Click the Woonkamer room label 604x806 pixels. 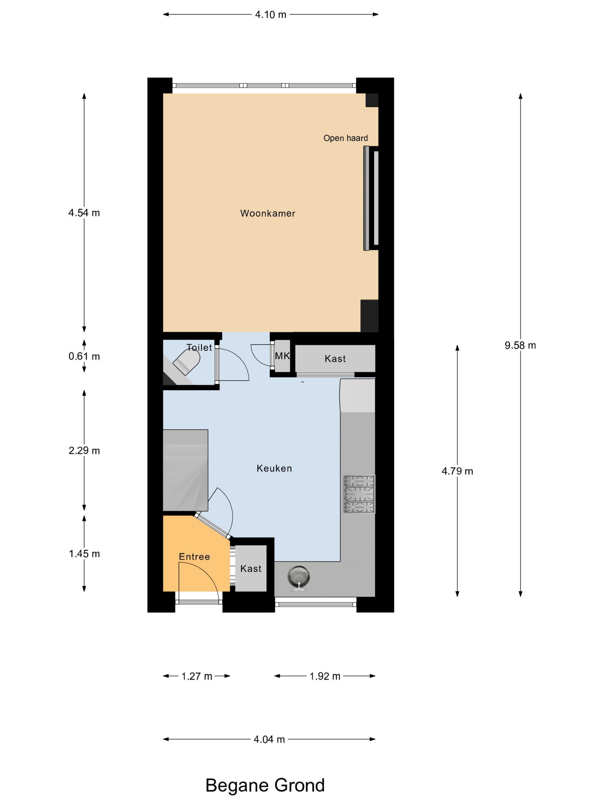tap(267, 213)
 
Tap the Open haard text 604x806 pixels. tap(345, 138)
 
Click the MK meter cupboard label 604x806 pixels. tap(282, 356)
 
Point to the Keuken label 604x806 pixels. tap(274, 468)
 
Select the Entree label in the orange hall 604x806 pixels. tap(194, 557)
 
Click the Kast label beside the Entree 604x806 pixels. tap(251, 569)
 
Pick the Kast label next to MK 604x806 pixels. tap(335, 359)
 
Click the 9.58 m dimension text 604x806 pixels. tap(520, 345)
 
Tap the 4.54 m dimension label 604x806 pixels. tap(84, 213)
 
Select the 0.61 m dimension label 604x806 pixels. tap(84, 356)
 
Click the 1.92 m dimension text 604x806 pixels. tap(325, 676)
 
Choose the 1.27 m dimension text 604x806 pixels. tap(197, 676)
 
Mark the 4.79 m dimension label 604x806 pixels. tap(457, 471)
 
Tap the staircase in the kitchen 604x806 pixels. tap(185, 470)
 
